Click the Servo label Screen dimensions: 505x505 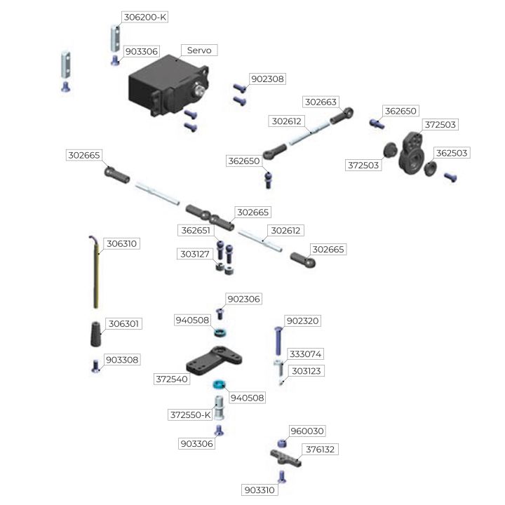click(199, 50)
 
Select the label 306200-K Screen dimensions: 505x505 click(144, 17)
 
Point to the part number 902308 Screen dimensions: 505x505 click(267, 79)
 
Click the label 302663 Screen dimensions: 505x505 click(321, 102)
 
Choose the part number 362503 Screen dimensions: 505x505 click(451, 152)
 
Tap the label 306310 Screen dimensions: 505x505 click(122, 244)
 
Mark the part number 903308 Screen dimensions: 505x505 click(122, 360)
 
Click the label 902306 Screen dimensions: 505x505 click(243, 299)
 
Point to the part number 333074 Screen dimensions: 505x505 click(305, 354)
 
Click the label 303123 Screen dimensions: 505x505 click(305, 370)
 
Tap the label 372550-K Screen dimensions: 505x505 click(190, 415)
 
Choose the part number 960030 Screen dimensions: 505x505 click(307, 431)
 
